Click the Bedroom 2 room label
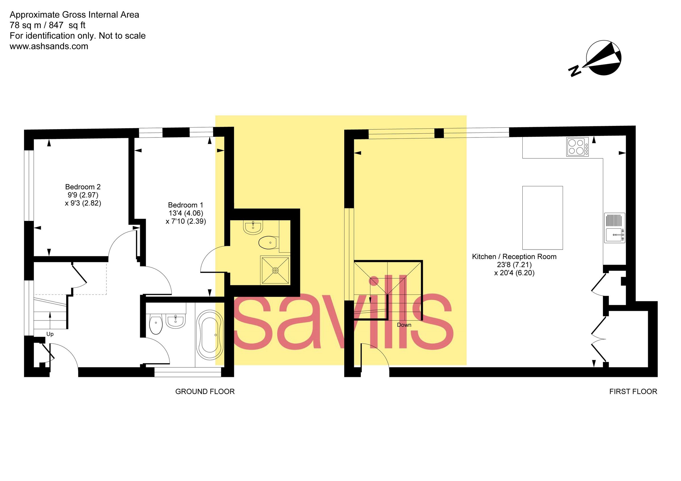[x=83, y=187]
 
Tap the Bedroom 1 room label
[x=186, y=205]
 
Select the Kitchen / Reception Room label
[x=514, y=257]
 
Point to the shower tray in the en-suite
[x=275, y=270]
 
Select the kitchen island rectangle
[x=542, y=218]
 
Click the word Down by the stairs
[x=404, y=325]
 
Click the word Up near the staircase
[x=50, y=334]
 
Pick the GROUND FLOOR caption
[x=205, y=391]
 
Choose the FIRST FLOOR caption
[x=633, y=391]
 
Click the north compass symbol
[x=603, y=58]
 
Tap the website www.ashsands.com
[x=49, y=46]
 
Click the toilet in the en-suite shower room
[x=268, y=243]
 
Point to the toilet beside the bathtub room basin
[x=156, y=324]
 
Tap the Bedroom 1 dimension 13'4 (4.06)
[x=186, y=213]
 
